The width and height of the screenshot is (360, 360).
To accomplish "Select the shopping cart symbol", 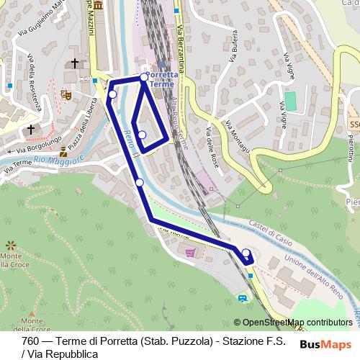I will click(190, 252).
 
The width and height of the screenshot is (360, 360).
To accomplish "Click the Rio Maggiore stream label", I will click(61, 158).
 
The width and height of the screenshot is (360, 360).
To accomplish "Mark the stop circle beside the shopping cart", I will click(246, 253).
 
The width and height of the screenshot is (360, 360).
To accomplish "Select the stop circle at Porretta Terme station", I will click(144, 76).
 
